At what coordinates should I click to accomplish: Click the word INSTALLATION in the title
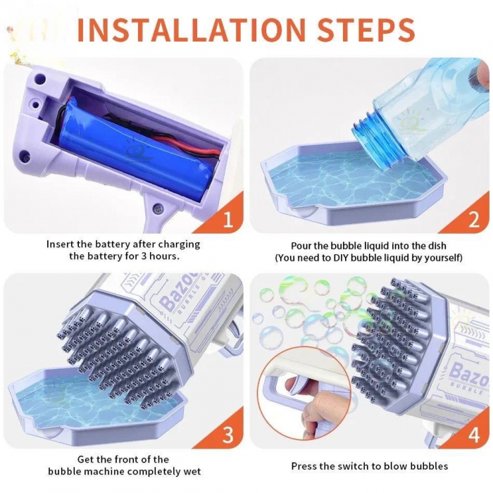pyautogui.click(x=192, y=30)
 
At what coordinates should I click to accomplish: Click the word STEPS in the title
pyautogui.click(x=366, y=30)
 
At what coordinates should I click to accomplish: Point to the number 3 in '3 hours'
pyautogui.click(x=144, y=256)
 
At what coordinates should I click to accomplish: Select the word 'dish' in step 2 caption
pyautogui.click(x=437, y=246)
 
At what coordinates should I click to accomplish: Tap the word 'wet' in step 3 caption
pyautogui.click(x=192, y=472)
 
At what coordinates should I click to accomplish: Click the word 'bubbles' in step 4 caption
pyautogui.click(x=428, y=466)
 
